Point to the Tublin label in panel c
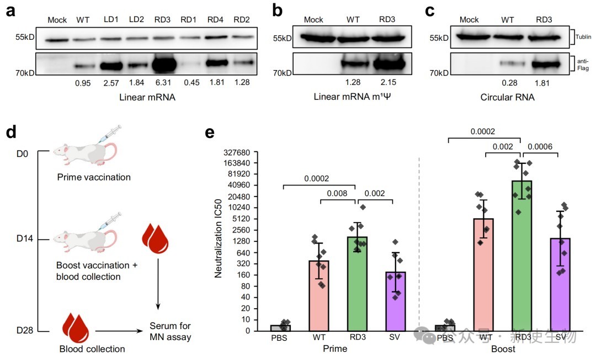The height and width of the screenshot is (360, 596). coord(583,37)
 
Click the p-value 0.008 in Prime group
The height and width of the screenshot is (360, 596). coord(337,193)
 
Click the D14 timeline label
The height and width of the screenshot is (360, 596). coord(25,239)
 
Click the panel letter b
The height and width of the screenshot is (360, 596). coord(279,10)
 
